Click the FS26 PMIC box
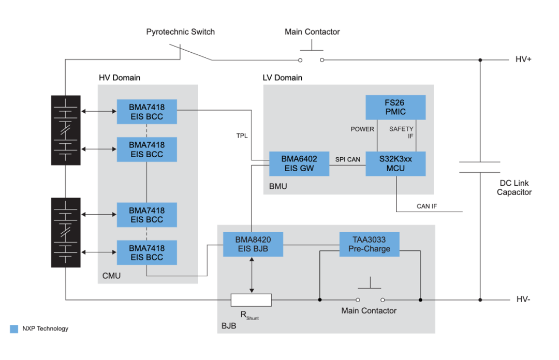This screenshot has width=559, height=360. (395, 107)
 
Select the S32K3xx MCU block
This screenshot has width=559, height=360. (395, 163)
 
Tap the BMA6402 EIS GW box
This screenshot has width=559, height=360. (299, 163)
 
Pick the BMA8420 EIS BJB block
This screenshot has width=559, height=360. (253, 245)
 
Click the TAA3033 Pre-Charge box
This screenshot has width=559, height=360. (370, 245)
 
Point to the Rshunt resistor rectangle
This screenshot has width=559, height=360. (251, 300)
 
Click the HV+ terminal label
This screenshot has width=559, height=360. (523, 59)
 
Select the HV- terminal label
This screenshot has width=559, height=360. (523, 299)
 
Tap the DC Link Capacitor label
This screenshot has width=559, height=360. (514, 187)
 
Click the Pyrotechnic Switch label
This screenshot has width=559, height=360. (181, 32)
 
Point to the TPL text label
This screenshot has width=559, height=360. (242, 136)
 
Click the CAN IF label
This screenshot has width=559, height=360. (426, 206)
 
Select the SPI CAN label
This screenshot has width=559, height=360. (348, 159)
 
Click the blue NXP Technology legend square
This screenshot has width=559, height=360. (14, 329)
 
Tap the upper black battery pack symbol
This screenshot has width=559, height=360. (66, 130)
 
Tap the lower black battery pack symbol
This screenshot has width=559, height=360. (66, 232)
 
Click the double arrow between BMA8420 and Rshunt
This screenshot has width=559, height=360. (252, 275)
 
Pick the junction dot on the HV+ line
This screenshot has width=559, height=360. (480, 60)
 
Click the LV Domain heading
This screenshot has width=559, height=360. (283, 78)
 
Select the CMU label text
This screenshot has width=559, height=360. (111, 276)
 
